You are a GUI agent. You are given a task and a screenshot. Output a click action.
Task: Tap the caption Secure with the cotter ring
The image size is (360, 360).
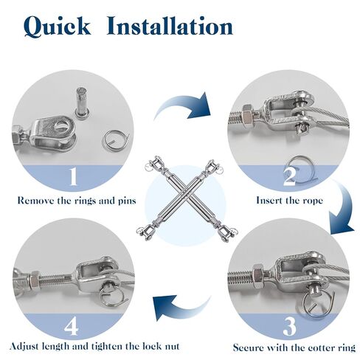point(294,347)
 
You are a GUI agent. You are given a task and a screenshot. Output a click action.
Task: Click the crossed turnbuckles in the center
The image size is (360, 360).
point(180,198)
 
